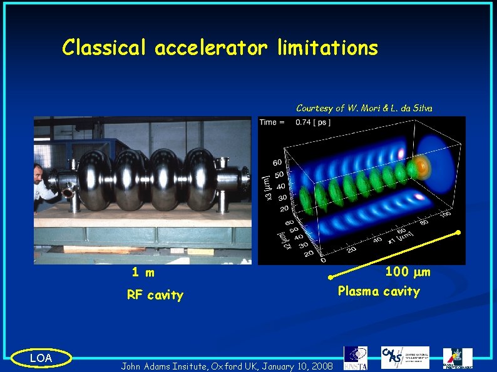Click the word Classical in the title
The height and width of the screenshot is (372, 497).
click(104, 48)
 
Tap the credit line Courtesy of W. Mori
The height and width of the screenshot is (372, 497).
click(364, 108)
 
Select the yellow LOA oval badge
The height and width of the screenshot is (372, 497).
click(41, 358)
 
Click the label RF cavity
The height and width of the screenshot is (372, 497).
click(155, 295)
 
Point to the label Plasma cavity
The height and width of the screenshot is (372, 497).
click(379, 291)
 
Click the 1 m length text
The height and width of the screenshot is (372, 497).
click(143, 273)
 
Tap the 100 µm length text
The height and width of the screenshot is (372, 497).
click(407, 272)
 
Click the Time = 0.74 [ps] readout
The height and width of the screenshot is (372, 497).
click(295, 122)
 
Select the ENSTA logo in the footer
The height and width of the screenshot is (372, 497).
click(356, 356)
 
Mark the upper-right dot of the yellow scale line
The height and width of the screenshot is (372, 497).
click(458, 233)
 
